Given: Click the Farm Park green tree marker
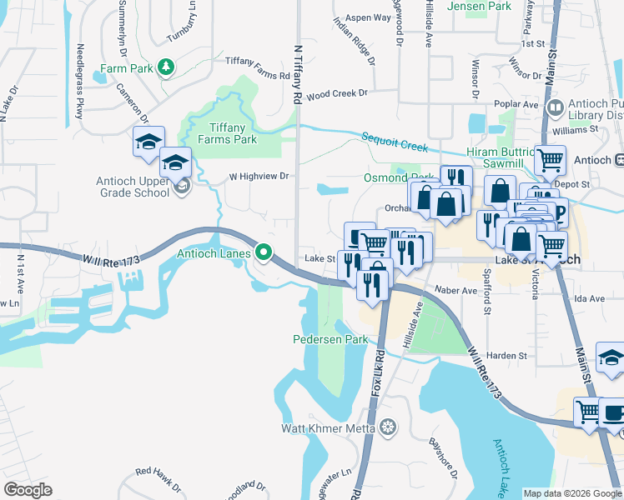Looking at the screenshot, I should (166, 67).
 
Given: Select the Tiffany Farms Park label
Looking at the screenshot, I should (221, 133).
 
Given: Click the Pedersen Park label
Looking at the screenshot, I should (330, 340).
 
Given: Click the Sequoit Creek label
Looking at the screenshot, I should (395, 142).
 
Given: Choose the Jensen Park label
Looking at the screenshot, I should (479, 6).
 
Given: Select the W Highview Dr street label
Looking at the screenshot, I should (259, 176).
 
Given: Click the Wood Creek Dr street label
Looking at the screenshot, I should (337, 95).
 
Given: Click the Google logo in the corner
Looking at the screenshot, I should (28, 489).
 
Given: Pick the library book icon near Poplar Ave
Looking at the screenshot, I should (554, 107).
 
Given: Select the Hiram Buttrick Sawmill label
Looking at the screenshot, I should (503, 158).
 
